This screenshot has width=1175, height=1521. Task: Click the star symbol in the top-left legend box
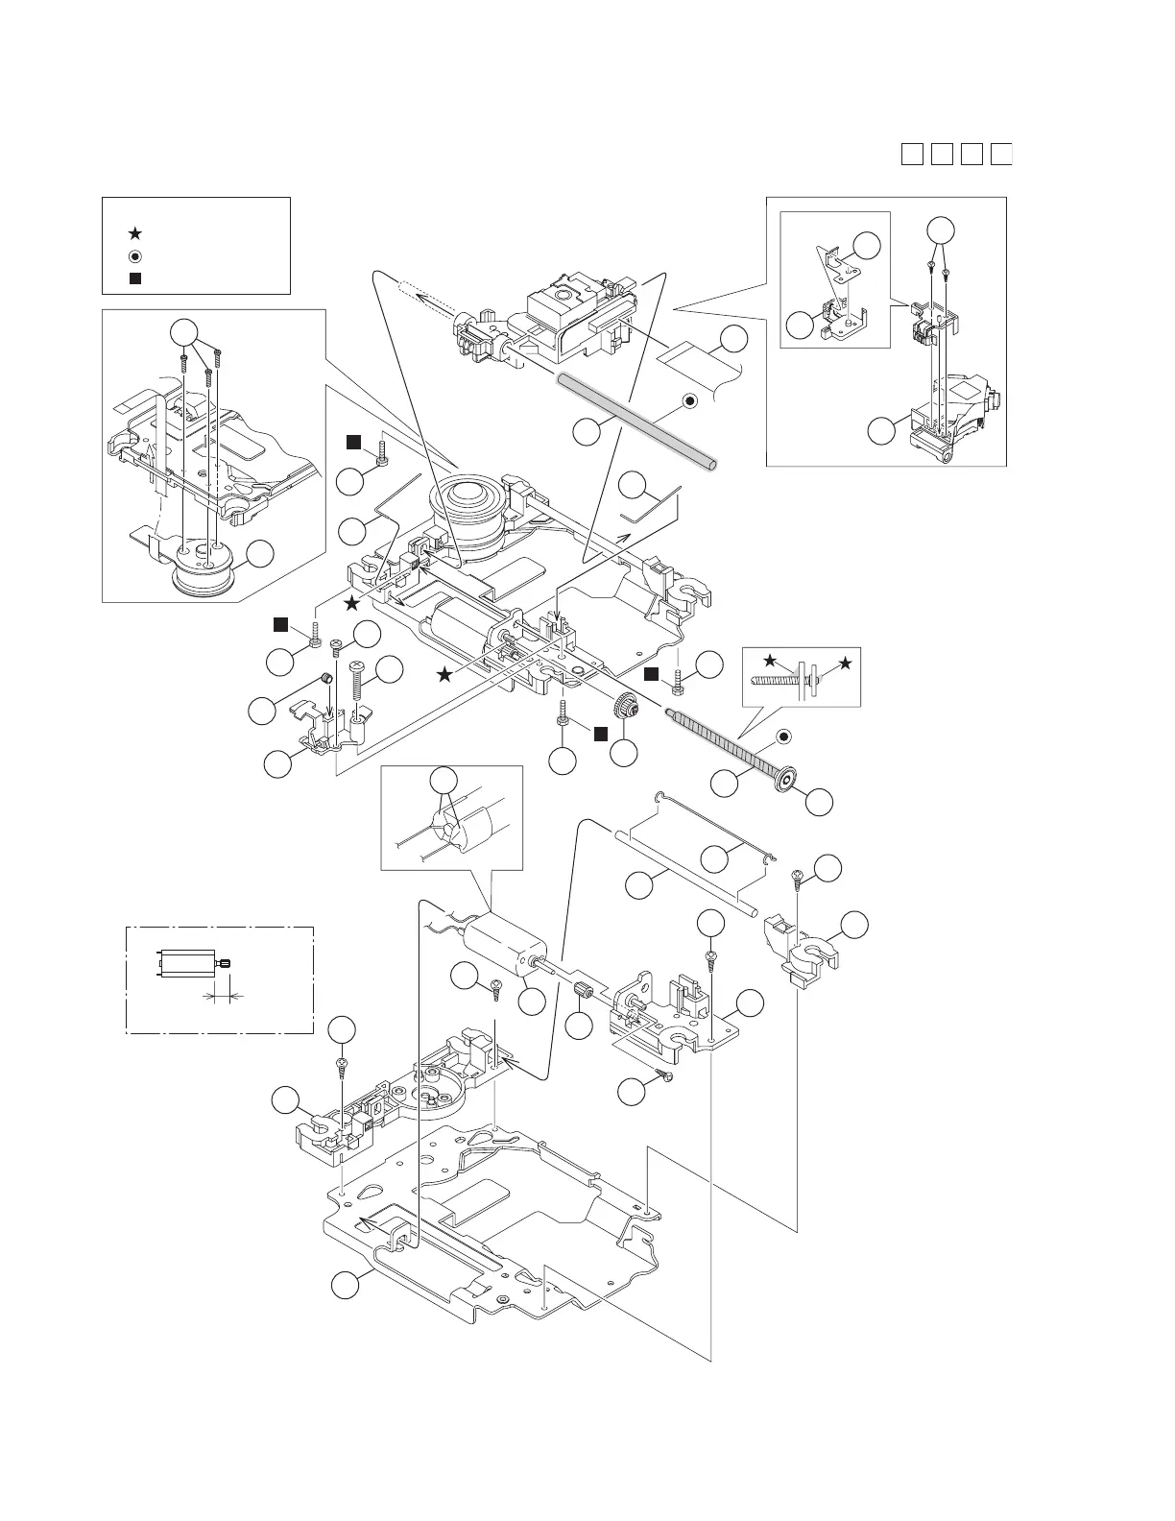[135, 233]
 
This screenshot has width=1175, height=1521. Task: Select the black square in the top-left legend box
[135, 278]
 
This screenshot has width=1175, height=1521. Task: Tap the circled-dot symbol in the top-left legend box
[135, 256]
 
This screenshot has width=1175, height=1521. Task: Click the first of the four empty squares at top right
[912, 154]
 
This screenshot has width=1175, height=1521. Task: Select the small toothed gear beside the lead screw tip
[630, 709]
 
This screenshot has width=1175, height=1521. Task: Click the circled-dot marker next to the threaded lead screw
[783, 737]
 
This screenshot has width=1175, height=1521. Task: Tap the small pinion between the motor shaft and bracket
[583, 992]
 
